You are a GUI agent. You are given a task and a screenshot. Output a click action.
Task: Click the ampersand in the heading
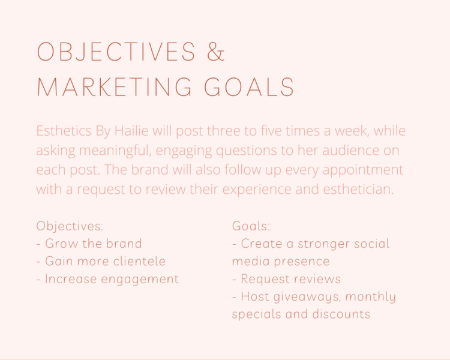click(x=216, y=52)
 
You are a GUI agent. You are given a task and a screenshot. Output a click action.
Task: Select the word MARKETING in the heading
click(x=115, y=86)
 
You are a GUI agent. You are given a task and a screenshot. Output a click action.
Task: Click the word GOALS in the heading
click(x=249, y=86)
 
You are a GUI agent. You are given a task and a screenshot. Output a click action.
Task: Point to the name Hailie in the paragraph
click(x=131, y=131)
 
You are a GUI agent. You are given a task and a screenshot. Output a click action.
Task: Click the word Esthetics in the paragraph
click(x=64, y=131)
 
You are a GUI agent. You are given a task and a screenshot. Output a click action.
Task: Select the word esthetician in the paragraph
click(x=358, y=189)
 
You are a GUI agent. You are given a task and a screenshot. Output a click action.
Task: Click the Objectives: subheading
click(x=70, y=226)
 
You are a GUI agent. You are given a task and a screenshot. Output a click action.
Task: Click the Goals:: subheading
click(x=251, y=226)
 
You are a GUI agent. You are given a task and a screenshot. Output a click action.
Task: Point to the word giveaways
click(x=307, y=297)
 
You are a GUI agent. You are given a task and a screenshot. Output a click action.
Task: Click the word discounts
click(x=341, y=314)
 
